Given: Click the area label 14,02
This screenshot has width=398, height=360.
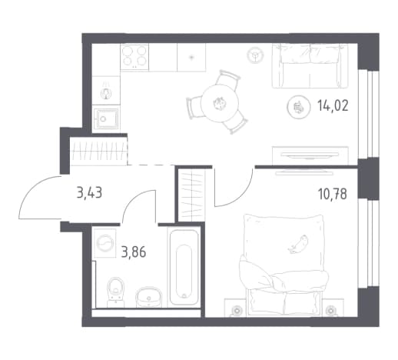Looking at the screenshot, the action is [333, 105].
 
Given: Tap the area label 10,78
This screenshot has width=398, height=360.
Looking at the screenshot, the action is [332, 194].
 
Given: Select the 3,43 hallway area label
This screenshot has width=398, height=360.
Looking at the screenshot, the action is [89, 192].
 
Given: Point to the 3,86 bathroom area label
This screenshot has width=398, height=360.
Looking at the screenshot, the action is [134, 252].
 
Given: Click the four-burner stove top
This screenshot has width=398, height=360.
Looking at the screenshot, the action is [134, 57].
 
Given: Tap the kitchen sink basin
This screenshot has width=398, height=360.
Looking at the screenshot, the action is [106, 118].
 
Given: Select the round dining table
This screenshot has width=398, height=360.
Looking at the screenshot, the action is [220, 103].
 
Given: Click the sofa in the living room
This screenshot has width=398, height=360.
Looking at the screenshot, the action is [310, 66].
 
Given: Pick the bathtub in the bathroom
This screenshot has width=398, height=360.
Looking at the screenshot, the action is [184, 268].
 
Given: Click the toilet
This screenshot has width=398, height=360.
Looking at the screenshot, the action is [116, 292].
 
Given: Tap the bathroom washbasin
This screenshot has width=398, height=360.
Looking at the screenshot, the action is [149, 297].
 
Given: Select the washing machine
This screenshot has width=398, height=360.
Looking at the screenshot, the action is [105, 243].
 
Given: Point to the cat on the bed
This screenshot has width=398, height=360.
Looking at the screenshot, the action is [298, 244].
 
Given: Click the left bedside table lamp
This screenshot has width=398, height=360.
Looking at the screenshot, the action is [237, 311].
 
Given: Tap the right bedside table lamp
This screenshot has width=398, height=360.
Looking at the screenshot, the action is [330, 311].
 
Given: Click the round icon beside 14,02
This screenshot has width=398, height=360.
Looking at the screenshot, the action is [297, 107].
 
